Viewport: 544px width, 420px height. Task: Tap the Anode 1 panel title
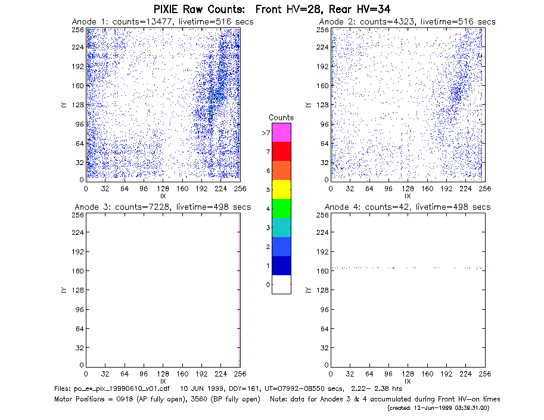163,21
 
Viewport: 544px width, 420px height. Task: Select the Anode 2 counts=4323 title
408,21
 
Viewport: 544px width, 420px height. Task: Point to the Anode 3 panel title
163,207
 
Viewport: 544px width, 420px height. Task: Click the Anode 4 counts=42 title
408,207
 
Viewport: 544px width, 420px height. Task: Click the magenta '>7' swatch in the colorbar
281,132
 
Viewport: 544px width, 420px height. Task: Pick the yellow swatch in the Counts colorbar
281,189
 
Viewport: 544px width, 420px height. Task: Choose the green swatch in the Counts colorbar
281,209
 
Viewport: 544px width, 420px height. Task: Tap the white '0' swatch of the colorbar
281,284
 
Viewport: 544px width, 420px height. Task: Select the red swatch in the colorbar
281,151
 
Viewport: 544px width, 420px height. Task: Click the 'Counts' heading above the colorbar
281,117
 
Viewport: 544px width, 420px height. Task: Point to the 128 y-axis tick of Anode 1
78,105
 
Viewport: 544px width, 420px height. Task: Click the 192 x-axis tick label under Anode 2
446,189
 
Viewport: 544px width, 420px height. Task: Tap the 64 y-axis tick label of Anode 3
80,328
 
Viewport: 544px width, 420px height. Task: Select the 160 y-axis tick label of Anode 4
322,271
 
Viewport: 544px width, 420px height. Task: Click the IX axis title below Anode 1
163,197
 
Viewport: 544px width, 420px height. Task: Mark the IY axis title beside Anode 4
308,290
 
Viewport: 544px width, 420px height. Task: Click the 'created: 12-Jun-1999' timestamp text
438,408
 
